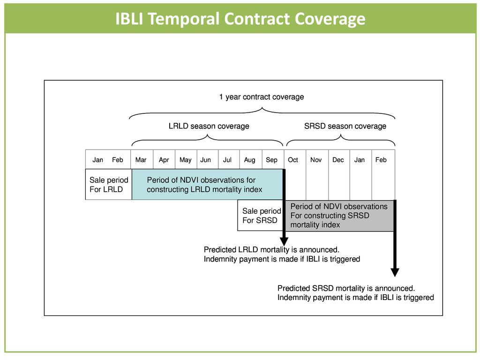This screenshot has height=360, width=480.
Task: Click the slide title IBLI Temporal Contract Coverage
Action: pyautogui.click(x=240, y=19)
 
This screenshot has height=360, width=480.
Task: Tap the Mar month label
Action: pyautogui.click(x=141, y=160)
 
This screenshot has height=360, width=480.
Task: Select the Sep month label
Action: pyautogui.click(x=271, y=160)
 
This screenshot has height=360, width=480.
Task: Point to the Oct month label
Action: pyautogui.click(x=293, y=160)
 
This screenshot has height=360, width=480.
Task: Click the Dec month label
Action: pyautogui.click(x=338, y=160)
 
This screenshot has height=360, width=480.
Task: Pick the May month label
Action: pyautogui.click(x=185, y=160)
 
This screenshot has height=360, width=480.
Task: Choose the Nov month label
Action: pyautogui.click(x=316, y=160)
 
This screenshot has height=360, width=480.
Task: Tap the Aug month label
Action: pyautogui.click(x=250, y=160)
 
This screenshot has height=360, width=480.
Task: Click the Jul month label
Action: pyautogui.click(x=227, y=160)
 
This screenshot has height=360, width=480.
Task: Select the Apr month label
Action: pyautogui.click(x=164, y=160)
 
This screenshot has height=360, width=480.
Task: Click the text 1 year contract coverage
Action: pyautogui.click(x=262, y=97)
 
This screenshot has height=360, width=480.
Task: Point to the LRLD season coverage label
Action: pyautogui.click(x=209, y=126)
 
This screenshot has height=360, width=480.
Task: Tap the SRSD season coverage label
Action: pyautogui.click(x=345, y=126)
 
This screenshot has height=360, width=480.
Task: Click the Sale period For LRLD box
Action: pyautogui.click(x=109, y=185)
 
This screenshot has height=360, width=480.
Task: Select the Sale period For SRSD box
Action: pyautogui.click(x=261, y=216)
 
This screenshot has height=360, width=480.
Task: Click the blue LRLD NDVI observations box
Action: pyautogui.click(x=207, y=185)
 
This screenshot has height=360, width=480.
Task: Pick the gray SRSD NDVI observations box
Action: pyautogui.click(x=339, y=216)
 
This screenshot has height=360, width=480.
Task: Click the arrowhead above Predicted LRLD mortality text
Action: pyautogui.click(x=284, y=240)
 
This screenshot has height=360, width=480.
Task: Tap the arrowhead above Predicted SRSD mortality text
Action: pyautogui.click(x=395, y=272)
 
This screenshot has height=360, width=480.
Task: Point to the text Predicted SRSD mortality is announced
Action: pyautogui.click(x=346, y=288)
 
